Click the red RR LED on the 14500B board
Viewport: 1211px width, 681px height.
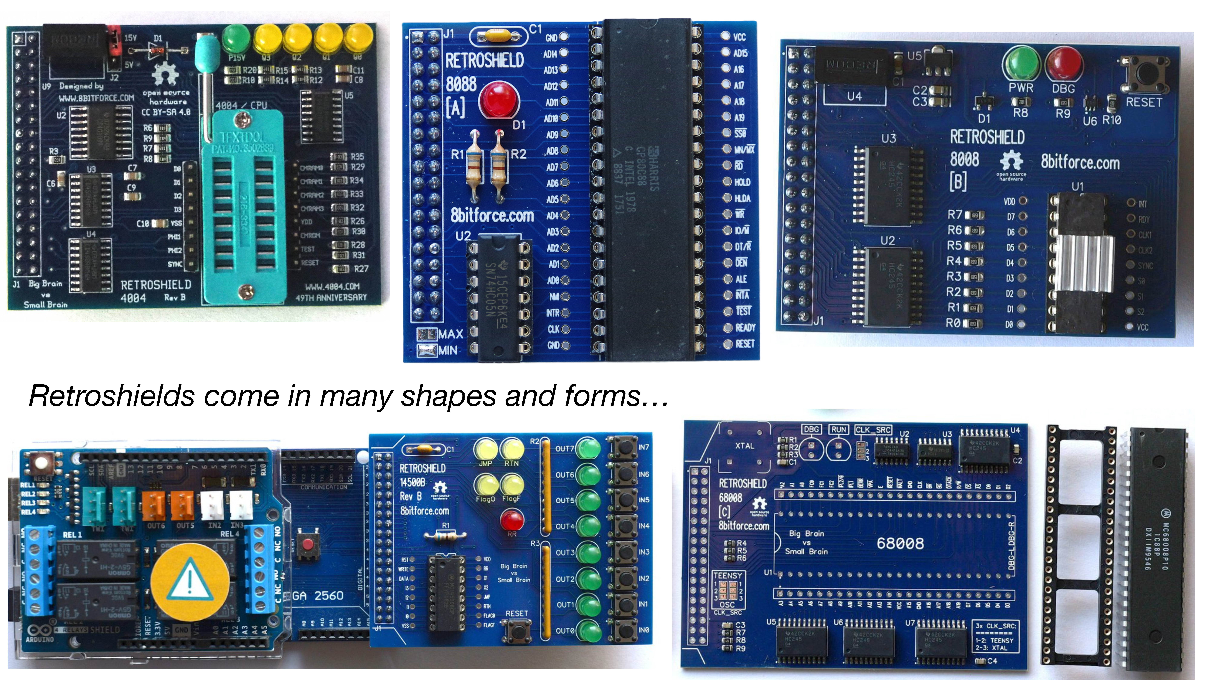click(x=511, y=521)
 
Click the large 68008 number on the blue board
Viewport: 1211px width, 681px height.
click(x=900, y=543)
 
